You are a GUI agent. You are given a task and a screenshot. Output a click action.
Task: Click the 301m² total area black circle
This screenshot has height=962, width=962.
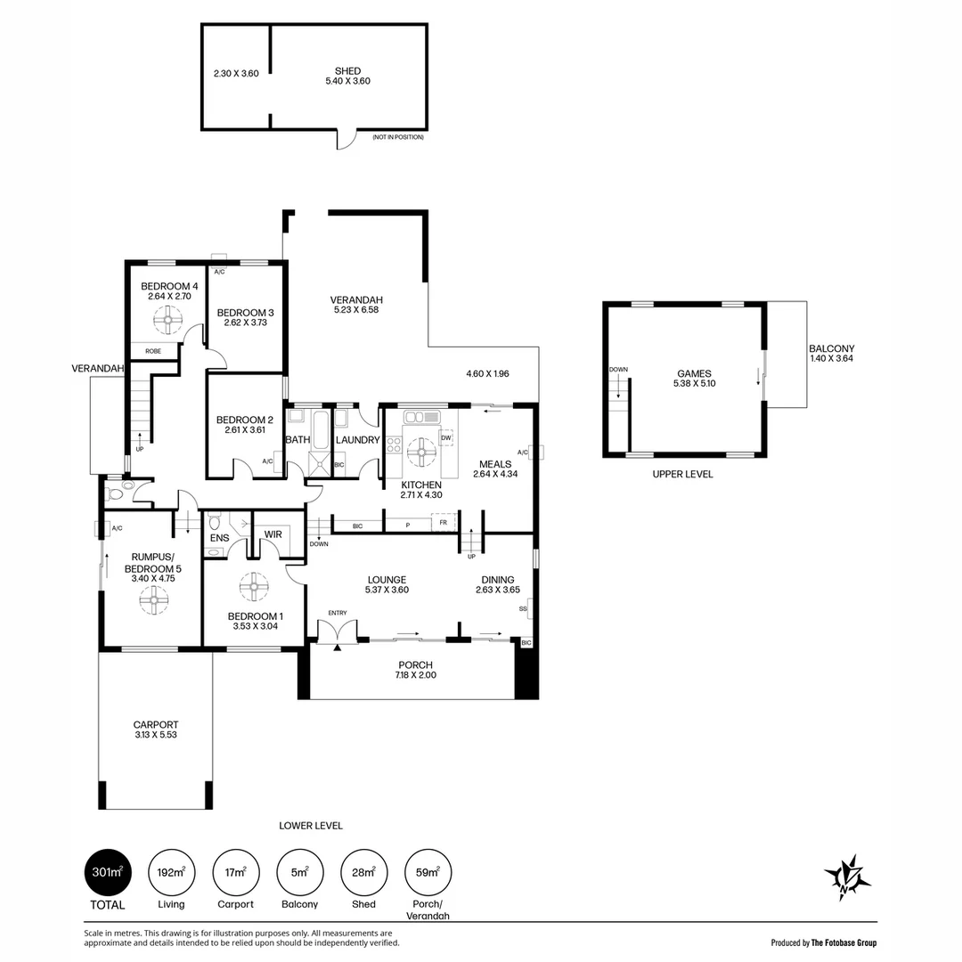(108, 872)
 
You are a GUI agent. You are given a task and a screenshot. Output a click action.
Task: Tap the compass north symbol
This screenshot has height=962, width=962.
(847, 877)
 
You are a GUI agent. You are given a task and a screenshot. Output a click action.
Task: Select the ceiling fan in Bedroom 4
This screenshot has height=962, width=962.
(167, 319)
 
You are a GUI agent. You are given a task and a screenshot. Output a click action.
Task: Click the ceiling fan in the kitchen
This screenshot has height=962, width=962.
(421, 452)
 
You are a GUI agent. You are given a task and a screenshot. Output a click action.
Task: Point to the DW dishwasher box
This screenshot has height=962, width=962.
(446, 438)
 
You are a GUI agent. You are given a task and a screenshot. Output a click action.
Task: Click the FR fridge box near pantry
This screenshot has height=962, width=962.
(444, 523)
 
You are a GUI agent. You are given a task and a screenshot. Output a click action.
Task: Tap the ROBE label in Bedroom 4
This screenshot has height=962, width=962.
(153, 352)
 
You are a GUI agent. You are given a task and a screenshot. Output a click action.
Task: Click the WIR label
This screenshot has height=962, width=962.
(273, 534)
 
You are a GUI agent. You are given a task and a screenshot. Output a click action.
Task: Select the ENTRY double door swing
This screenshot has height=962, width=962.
(338, 631)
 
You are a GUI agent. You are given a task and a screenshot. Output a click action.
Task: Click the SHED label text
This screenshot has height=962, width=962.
(348, 71)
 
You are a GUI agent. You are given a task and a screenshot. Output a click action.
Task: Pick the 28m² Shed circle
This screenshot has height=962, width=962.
(363, 872)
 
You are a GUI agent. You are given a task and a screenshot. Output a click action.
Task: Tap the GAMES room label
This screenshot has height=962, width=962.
(695, 373)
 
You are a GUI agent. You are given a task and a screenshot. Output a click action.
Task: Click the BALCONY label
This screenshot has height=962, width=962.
(831, 348)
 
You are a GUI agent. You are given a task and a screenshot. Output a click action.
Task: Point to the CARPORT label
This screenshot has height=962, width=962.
(156, 724)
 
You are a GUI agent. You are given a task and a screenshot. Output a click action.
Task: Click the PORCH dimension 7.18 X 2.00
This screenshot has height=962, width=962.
(416, 675)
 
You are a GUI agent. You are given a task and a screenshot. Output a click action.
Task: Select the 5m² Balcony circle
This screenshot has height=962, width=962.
(300, 872)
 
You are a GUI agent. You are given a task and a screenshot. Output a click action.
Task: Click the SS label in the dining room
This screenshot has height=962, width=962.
(524, 609)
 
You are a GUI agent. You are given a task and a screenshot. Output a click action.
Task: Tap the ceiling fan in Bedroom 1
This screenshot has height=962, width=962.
(254, 588)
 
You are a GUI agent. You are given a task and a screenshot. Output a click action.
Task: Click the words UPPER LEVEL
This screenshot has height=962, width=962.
(683, 474)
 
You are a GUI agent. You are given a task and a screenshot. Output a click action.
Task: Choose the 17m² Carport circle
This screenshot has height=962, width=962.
(235, 872)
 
